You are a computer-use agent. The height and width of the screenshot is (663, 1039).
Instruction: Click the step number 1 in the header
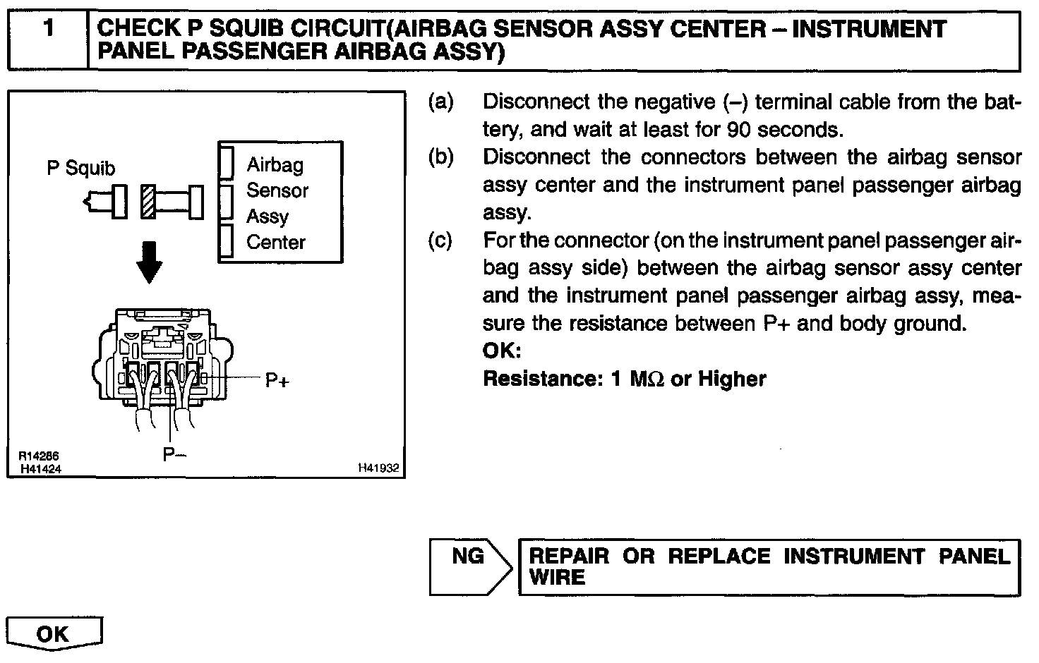pyautogui.click(x=48, y=29)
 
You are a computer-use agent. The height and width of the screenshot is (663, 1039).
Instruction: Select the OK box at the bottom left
pyautogui.click(x=54, y=633)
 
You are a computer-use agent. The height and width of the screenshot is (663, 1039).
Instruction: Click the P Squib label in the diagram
pyautogui.click(x=80, y=169)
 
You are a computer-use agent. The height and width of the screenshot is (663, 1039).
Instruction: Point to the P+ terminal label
pyautogui.click(x=277, y=381)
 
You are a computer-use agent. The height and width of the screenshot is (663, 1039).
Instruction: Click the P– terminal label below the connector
pyautogui.click(x=174, y=454)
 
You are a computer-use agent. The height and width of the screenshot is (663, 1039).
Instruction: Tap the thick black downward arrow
pyautogui.click(x=149, y=262)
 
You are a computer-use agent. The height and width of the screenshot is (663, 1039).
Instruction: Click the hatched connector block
pyautogui.click(x=148, y=202)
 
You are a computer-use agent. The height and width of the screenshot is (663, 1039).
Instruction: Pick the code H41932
pyautogui.click(x=378, y=468)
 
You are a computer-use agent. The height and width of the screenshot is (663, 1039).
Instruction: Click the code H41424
pyautogui.click(x=40, y=468)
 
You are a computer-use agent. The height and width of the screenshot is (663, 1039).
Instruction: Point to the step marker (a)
pyautogui.click(x=440, y=102)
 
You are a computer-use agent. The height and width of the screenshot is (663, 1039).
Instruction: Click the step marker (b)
pyautogui.click(x=440, y=157)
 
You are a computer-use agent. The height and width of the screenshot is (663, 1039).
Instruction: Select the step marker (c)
pyautogui.click(x=440, y=241)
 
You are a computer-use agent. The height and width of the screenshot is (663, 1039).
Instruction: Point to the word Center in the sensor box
pyautogui.click(x=276, y=243)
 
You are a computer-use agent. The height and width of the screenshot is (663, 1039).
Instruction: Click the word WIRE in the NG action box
pyautogui.click(x=557, y=578)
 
